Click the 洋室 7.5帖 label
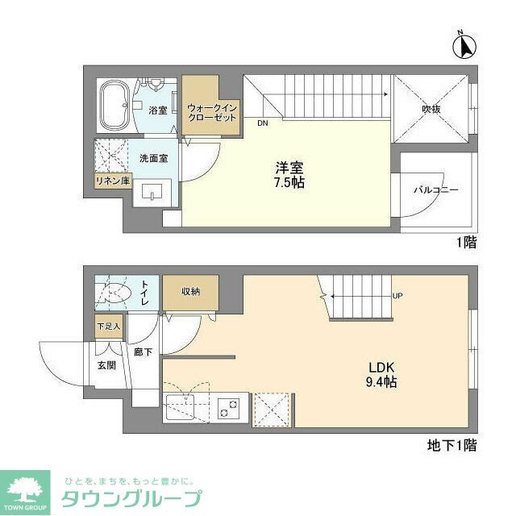[289, 175]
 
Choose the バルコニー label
[435, 191]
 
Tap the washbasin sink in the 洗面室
[151, 193]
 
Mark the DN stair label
[263, 124]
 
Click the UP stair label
[397, 296]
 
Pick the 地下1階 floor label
[451, 444]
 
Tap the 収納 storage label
[190, 291]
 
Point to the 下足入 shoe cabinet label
[107, 327]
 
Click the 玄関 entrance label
[106, 364]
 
